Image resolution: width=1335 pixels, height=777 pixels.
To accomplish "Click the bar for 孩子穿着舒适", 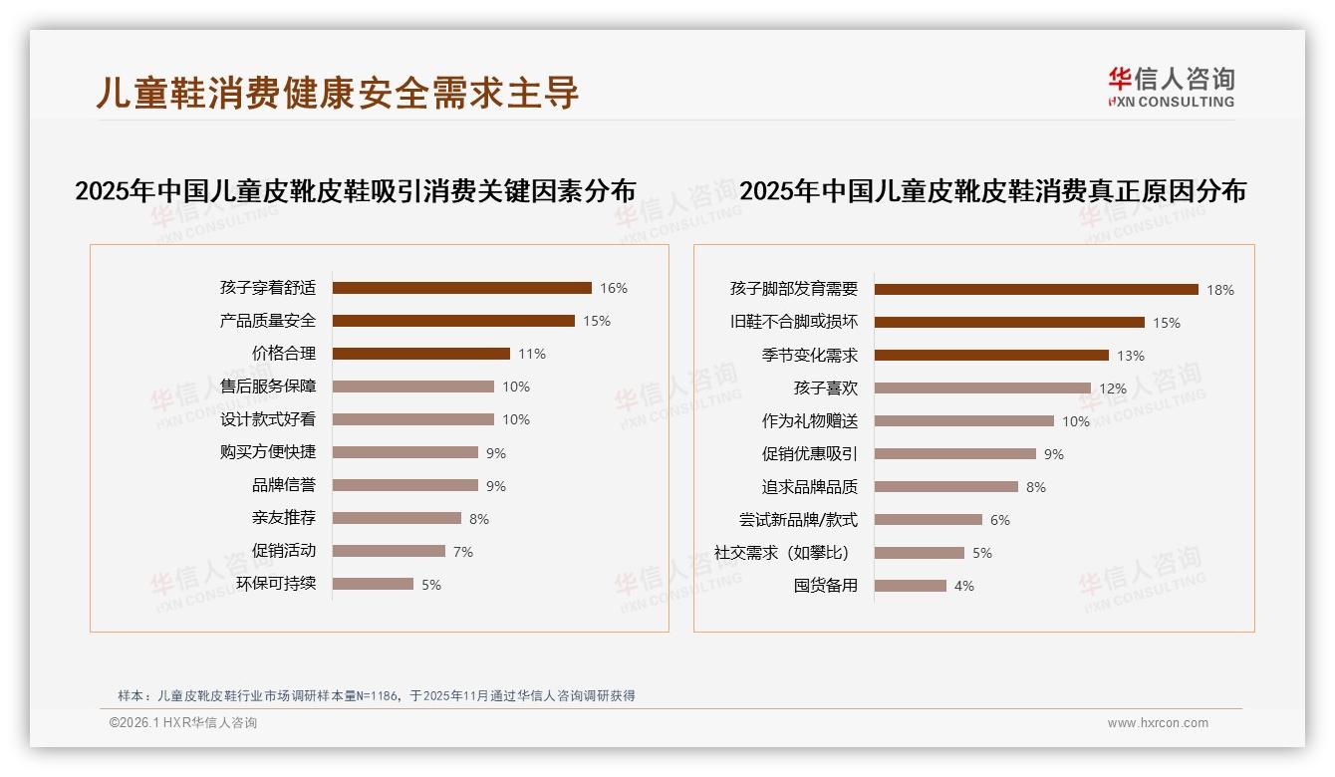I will click(x=461, y=288).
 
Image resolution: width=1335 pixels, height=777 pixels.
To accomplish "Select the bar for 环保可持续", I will click(x=373, y=584).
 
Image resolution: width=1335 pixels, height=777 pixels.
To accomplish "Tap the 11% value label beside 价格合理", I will click(x=531, y=354).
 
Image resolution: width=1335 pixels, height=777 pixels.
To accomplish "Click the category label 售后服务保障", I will click(x=268, y=387).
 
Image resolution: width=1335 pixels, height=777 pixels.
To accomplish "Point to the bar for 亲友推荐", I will click(x=397, y=518).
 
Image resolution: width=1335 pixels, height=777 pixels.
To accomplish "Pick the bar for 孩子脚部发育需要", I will click(x=1036, y=290).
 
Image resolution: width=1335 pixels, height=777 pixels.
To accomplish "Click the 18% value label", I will click(x=1219, y=290).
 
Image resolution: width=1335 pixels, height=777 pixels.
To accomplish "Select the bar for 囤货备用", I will click(x=911, y=586).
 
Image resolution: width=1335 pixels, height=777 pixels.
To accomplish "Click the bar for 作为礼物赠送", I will click(x=964, y=421).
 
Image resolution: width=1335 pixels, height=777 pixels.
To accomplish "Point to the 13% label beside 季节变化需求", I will click(x=1130, y=356).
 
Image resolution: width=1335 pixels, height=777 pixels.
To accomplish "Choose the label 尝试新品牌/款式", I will click(x=798, y=520).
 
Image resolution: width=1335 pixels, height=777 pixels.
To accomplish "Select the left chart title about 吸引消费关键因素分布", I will click(x=355, y=191).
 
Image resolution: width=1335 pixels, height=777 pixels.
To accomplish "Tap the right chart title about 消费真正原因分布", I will click(x=992, y=191).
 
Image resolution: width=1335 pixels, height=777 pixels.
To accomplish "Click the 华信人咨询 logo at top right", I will click(x=1171, y=87).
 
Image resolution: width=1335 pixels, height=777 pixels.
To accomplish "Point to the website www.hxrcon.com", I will click(x=1157, y=723).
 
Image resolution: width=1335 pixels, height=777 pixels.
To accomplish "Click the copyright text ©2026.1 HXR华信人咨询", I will click(x=182, y=723).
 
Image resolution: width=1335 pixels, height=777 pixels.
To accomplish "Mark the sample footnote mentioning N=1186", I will click(x=376, y=696).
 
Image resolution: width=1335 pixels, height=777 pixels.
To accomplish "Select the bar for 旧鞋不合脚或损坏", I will click(x=1009, y=323).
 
